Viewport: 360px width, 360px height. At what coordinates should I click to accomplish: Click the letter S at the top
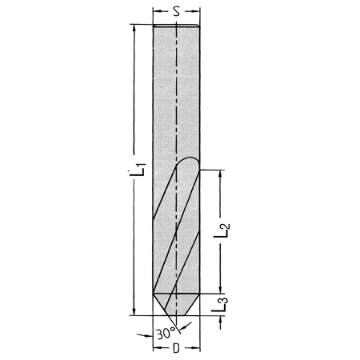pos(176,12)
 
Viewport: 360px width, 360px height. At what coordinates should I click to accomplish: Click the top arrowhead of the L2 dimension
pos(220,173)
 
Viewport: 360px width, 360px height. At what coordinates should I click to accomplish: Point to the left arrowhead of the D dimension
pos(156,350)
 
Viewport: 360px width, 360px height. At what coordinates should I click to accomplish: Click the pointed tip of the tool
pos(176,315)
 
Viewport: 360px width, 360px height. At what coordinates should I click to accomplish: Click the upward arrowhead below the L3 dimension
pos(220,319)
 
